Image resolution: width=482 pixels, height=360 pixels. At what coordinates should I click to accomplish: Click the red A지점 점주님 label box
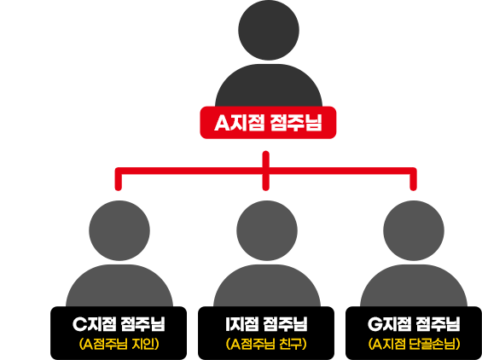click(x=268, y=122)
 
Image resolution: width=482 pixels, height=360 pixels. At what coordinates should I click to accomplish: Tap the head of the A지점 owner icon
click(x=269, y=30)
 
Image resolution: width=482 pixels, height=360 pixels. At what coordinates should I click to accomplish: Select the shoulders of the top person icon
click(x=269, y=85)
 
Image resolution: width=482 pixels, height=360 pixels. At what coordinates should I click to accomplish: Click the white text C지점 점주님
click(x=119, y=323)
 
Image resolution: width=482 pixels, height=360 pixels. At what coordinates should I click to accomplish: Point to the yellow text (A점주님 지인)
click(x=119, y=344)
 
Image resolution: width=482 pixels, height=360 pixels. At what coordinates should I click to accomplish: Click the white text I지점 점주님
click(x=266, y=323)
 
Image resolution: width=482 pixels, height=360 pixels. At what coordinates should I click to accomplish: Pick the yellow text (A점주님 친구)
click(x=266, y=344)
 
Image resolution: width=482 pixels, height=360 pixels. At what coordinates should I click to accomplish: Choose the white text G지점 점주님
click(x=414, y=323)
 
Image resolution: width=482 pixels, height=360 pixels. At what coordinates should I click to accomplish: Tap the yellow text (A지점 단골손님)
click(x=414, y=344)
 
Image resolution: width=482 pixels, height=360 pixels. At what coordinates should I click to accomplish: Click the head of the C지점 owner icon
click(x=119, y=230)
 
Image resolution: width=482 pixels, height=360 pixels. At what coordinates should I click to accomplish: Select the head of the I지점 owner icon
click(x=267, y=230)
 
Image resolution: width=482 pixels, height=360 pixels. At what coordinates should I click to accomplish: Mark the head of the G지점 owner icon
click(x=414, y=230)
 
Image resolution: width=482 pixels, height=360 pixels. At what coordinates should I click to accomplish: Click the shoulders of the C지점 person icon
click(x=119, y=286)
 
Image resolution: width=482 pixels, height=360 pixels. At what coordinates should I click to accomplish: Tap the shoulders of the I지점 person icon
click(x=267, y=286)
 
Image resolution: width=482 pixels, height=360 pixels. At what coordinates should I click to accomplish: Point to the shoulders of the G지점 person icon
click(x=414, y=286)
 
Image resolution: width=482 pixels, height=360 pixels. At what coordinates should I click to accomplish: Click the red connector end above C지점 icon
click(x=119, y=188)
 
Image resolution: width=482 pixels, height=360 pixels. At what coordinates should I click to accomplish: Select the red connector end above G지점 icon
click(x=413, y=188)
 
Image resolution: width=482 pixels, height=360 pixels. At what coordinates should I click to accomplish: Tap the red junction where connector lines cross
click(x=266, y=171)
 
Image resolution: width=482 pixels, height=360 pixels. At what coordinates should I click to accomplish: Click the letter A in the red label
click(x=222, y=123)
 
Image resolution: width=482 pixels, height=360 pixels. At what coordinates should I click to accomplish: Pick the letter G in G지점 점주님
click(x=375, y=324)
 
